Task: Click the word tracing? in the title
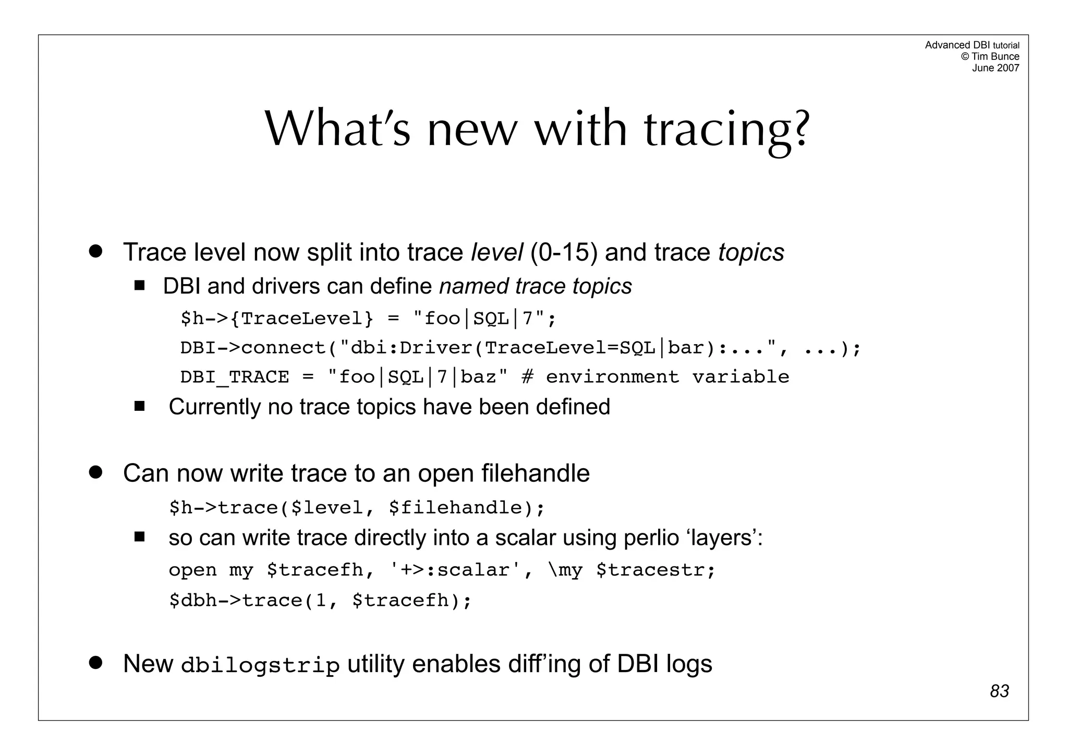tap(727, 130)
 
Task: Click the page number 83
tap(999, 691)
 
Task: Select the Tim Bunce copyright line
tap(990, 56)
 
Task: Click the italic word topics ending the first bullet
tap(751, 252)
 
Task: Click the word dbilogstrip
tap(260, 666)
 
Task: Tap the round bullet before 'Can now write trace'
tap(95, 472)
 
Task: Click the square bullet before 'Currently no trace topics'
tap(139, 406)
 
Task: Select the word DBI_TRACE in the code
tap(234, 377)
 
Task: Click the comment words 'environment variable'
tap(667, 377)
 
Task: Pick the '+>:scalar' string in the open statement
tap(455, 570)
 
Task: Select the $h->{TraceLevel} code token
tap(277, 318)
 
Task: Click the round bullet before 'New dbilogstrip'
tap(95, 663)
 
